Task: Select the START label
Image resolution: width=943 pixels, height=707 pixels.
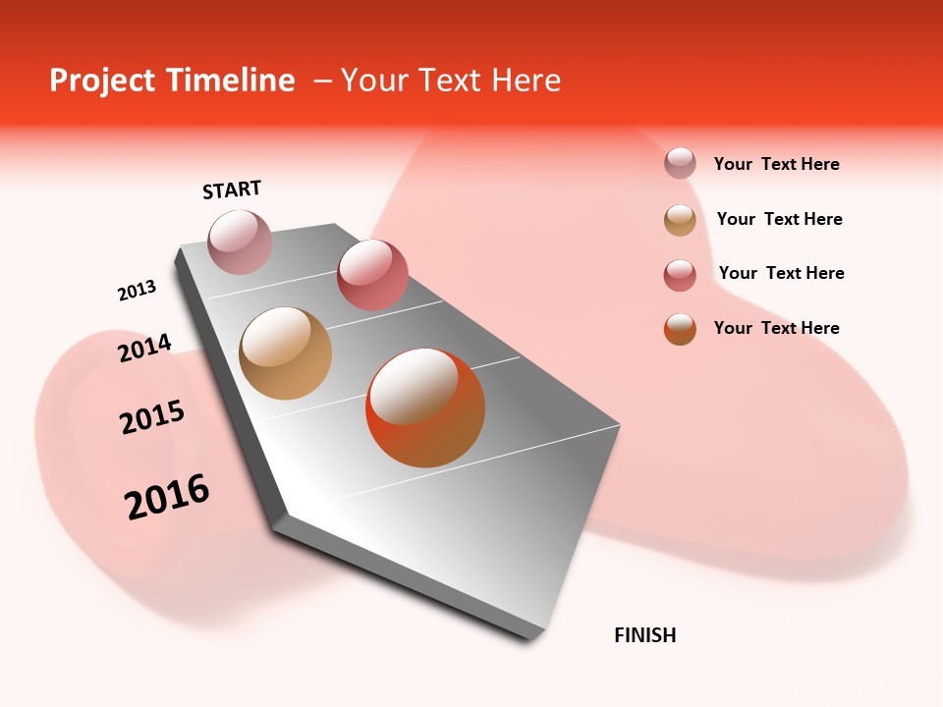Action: [x=232, y=190]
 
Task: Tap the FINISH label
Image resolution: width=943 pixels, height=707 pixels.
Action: [x=644, y=635]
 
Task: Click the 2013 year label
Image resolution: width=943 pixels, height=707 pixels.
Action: [x=137, y=291]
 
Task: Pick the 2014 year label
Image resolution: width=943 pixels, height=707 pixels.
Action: [x=144, y=348]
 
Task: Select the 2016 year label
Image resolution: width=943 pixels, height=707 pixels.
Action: [x=167, y=496]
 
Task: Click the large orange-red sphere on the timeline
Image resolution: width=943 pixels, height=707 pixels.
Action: [x=425, y=408]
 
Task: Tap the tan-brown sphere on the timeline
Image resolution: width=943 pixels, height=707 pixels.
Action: [x=285, y=353]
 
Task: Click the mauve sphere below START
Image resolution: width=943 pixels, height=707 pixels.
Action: [x=241, y=242]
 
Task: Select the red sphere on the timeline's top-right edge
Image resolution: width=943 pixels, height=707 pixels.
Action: [x=372, y=274]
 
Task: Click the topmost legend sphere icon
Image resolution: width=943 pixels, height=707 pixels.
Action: [x=680, y=164]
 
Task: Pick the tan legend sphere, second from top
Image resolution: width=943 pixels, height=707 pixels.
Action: [x=680, y=220]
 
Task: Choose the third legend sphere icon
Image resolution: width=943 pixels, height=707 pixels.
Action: [x=680, y=275]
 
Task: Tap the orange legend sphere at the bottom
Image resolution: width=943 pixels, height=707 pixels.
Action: [x=680, y=329]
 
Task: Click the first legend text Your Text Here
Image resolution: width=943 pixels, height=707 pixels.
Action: [x=776, y=164]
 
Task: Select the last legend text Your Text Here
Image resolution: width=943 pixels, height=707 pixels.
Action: [x=776, y=328]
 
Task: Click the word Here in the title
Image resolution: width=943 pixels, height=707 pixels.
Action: [x=526, y=81]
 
